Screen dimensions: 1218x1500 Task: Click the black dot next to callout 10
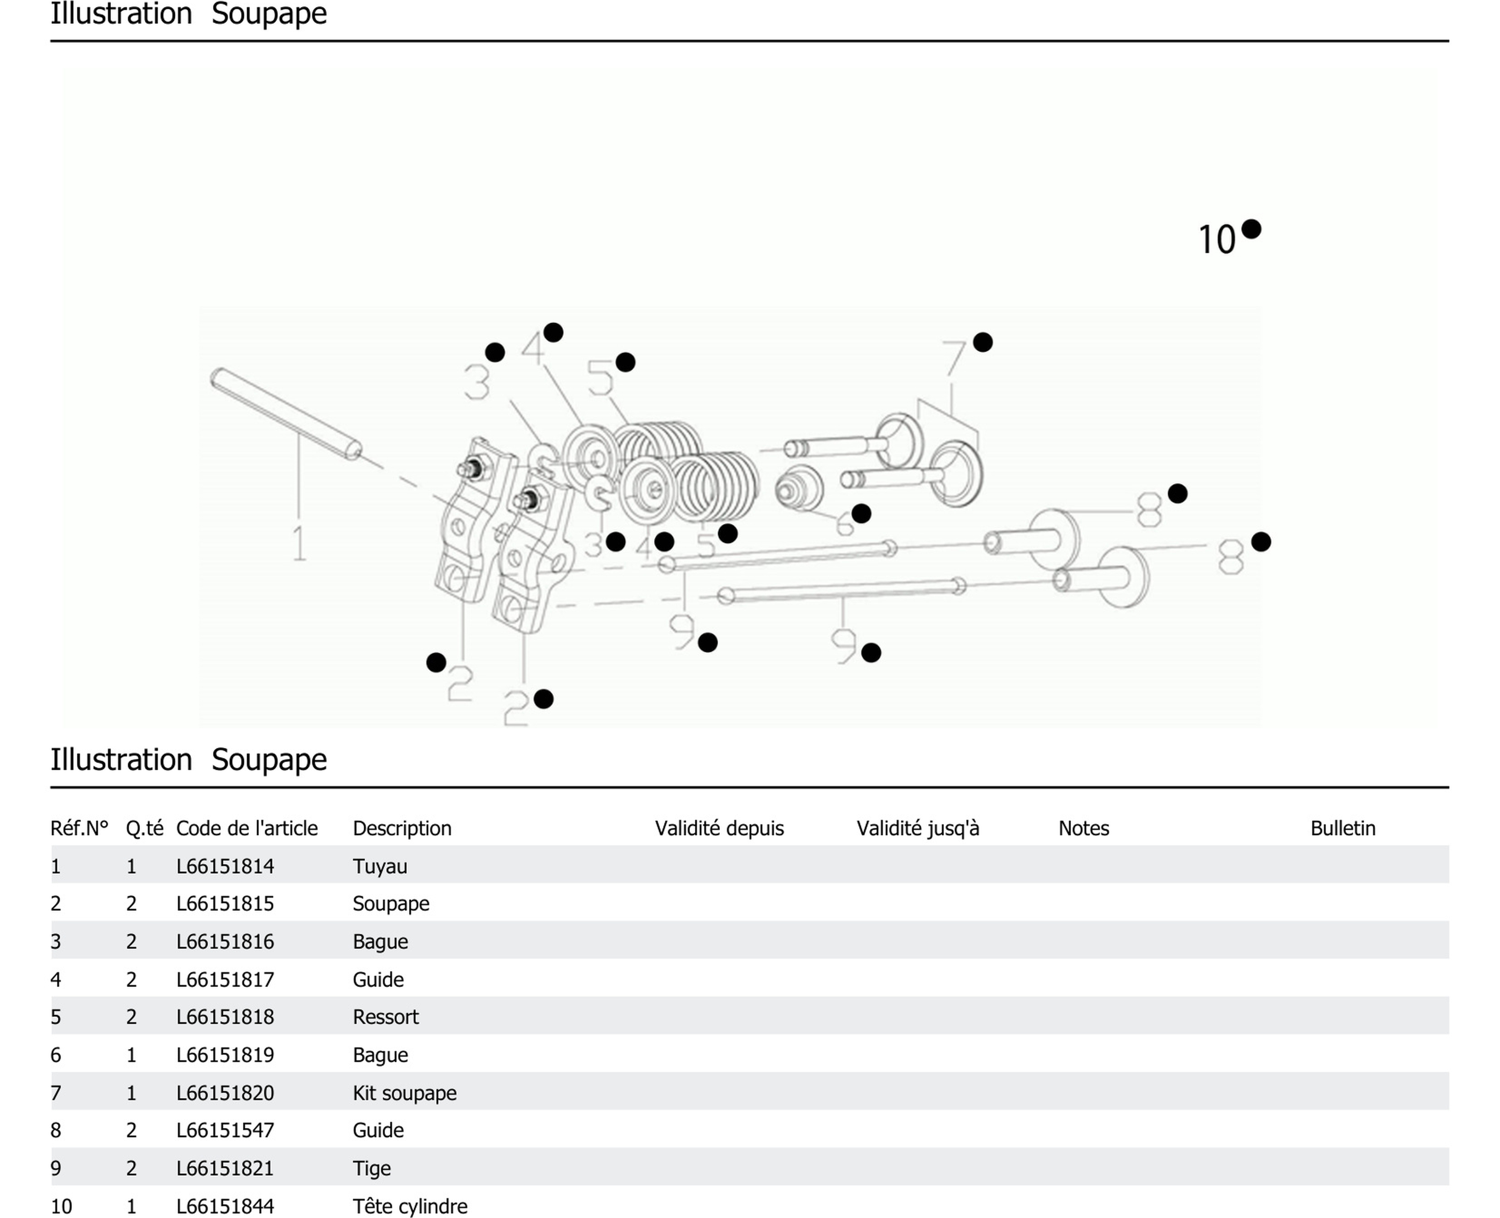pos(1251,229)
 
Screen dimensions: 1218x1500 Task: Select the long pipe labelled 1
pos(286,414)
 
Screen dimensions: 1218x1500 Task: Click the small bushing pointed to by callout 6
pos(799,488)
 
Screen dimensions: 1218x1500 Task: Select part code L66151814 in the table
pos(225,867)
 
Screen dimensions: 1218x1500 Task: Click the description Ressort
pos(385,1017)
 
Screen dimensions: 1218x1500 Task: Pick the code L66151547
pos(225,1130)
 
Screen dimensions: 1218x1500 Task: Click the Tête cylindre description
pos(410,1206)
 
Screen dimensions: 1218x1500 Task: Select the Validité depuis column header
pos(719,828)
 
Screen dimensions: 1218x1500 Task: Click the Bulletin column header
pos(1342,828)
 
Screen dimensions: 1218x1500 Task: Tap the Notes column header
pos(1083,828)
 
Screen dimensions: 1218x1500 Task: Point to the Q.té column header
pos(144,828)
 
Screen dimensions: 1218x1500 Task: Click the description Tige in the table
pos(371,1168)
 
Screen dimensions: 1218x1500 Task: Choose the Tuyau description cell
pos(380,867)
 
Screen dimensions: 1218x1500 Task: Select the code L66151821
pos(225,1168)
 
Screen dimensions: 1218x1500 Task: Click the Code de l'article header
pos(246,828)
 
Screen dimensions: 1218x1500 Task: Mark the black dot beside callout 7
pos(982,342)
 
